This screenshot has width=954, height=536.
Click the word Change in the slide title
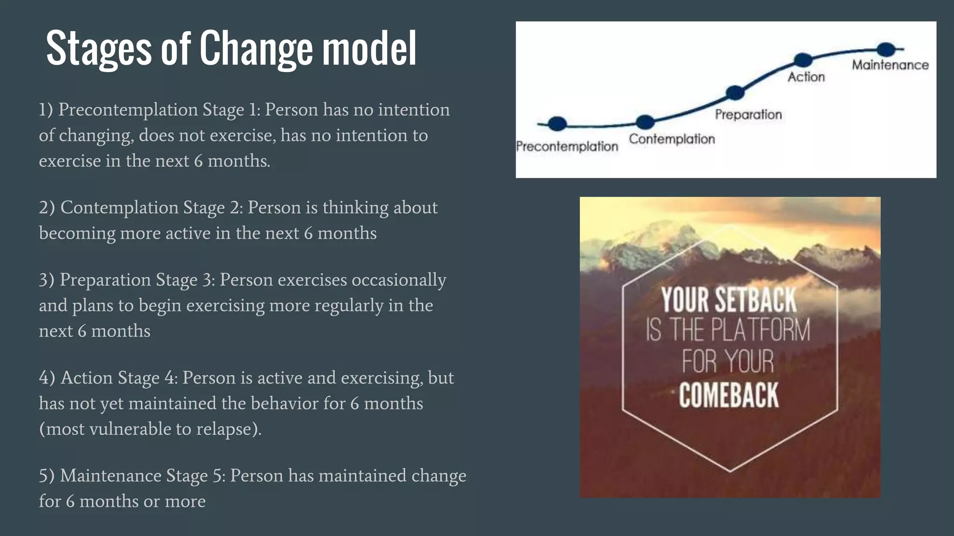pos(256,48)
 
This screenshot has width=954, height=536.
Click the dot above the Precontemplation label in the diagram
pos(557,123)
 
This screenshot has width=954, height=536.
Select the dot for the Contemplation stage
pos(645,122)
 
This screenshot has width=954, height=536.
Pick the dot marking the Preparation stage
pos(735,93)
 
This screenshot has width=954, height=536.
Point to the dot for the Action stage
pos(803,60)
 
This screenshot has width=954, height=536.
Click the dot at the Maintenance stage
pos(886,49)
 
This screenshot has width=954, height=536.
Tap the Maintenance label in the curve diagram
pos(890,65)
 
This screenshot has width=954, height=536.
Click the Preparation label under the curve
pos(748,114)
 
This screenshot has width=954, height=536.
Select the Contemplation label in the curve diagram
pos(672,139)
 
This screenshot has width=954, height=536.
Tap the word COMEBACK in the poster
pos(729,395)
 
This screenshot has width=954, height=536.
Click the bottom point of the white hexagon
pos(730,471)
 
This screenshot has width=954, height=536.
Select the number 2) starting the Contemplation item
pos(47,208)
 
